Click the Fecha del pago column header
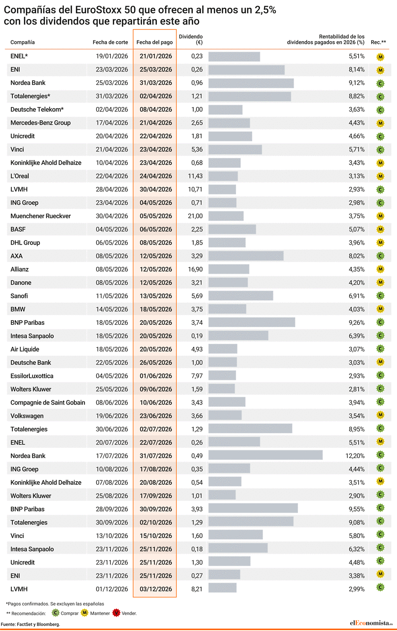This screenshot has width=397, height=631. (x=155, y=42)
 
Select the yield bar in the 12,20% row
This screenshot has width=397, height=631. (x=266, y=455)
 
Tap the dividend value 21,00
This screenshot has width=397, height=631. (x=196, y=216)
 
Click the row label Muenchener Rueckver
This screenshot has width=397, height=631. (x=41, y=216)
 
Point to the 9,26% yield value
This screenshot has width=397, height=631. (x=356, y=323)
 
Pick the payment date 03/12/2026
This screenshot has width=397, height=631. (x=156, y=589)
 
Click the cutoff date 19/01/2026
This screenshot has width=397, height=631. (x=112, y=56)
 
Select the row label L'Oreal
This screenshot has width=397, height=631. (x=20, y=176)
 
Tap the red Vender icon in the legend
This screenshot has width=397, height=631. (x=117, y=613)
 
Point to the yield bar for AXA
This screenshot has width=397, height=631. (x=246, y=256)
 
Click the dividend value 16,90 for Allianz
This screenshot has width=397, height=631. (x=196, y=269)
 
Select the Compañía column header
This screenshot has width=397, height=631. (x=23, y=42)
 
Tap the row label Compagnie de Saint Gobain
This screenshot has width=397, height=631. (x=48, y=402)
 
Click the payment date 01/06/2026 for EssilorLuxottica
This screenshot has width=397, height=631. (x=156, y=376)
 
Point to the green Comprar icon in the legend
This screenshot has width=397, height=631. (x=56, y=613)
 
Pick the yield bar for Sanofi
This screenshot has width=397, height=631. (x=241, y=296)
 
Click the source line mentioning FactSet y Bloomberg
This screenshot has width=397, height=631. (x=30, y=624)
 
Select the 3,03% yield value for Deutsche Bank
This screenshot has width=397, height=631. (x=356, y=362)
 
